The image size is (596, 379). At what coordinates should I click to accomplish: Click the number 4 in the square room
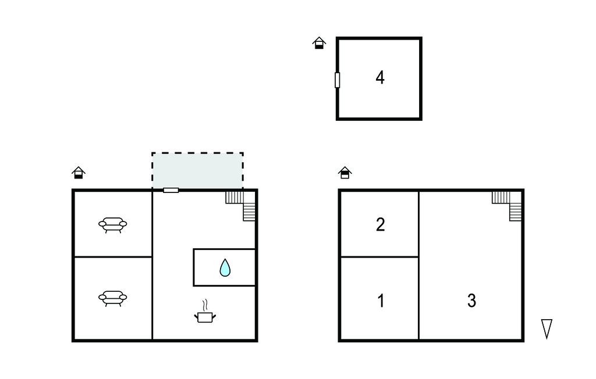click(379, 77)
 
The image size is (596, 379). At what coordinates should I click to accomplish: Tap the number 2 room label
click(380, 224)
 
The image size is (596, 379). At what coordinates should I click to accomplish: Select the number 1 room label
click(381, 301)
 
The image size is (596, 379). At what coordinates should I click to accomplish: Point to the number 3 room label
click(471, 301)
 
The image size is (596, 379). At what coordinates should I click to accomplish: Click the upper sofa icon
click(112, 225)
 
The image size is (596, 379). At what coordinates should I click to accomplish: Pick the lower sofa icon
click(112, 298)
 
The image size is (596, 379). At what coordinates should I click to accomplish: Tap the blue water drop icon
click(225, 267)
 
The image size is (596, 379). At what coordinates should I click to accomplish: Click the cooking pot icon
click(205, 317)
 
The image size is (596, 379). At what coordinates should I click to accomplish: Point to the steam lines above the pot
click(205, 305)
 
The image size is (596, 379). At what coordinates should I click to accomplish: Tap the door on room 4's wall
click(337, 80)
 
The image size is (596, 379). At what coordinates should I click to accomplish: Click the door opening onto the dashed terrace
click(171, 190)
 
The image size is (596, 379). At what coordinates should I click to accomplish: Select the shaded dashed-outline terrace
click(198, 170)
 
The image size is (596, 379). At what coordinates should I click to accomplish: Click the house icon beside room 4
click(319, 43)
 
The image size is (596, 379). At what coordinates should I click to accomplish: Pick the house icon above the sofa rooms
click(79, 173)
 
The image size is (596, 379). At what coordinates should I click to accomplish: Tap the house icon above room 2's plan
click(345, 173)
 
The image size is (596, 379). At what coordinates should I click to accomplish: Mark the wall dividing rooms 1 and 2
click(379, 257)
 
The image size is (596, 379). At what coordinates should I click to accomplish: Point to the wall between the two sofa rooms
click(113, 257)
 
